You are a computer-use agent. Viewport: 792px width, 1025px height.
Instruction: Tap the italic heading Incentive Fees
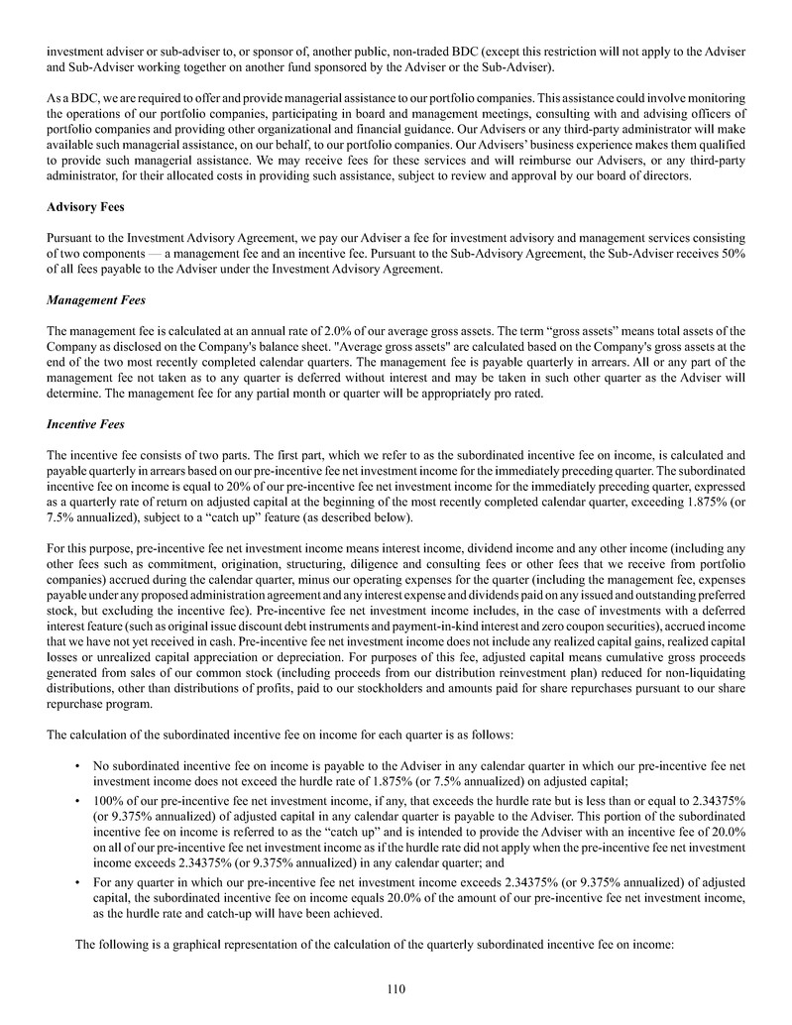tap(85, 424)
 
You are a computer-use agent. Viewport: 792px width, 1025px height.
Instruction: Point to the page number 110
tap(396, 987)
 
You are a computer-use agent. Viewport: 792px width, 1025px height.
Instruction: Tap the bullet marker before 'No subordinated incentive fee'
tap(77, 765)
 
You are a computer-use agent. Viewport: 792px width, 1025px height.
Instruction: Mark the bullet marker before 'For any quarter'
tap(77, 880)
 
